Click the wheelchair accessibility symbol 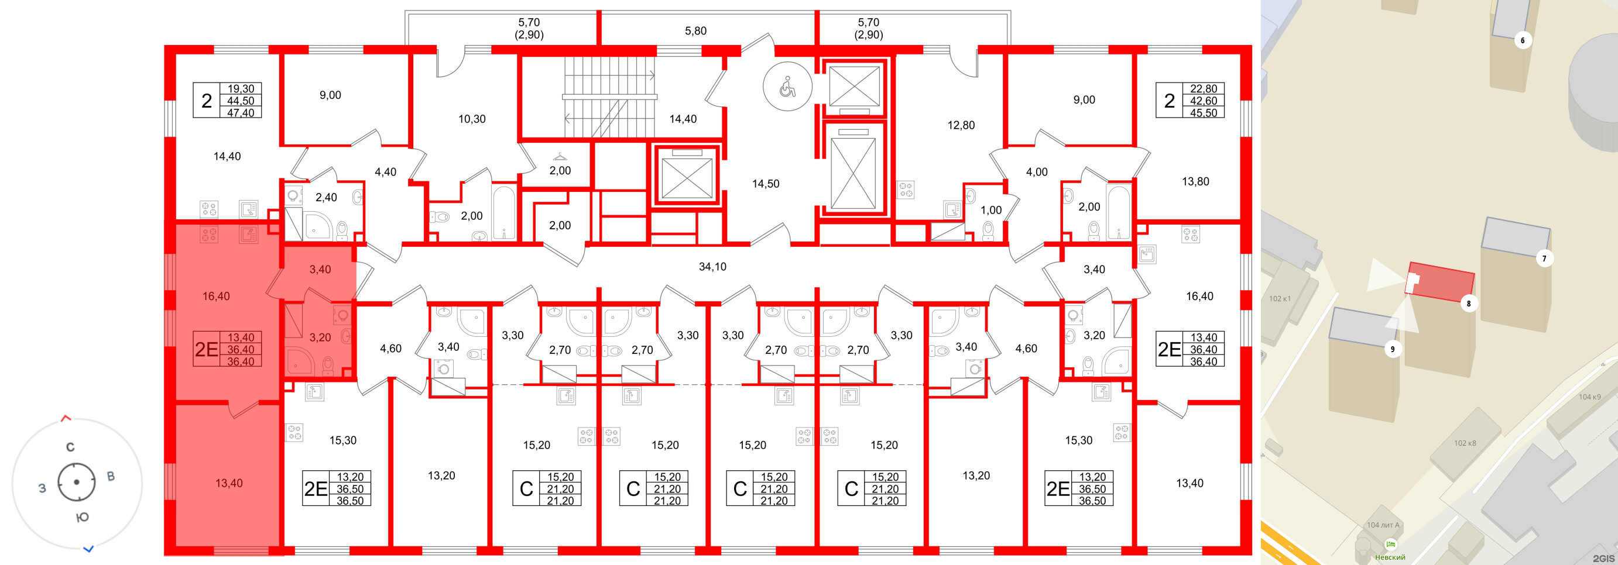pyautogui.click(x=787, y=87)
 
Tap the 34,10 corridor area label pyautogui.click(x=712, y=267)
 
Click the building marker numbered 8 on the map pyautogui.click(x=1469, y=303)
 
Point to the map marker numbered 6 pyautogui.click(x=1523, y=41)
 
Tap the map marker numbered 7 pyautogui.click(x=1544, y=258)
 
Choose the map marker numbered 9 pyautogui.click(x=1393, y=349)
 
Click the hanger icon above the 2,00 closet pyautogui.click(x=560, y=156)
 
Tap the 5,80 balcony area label pyautogui.click(x=695, y=31)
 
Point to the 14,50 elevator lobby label pyautogui.click(x=766, y=184)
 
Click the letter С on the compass pyautogui.click(x=70, y=447)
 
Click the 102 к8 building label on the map pyautogui.click(x=1465, y=443)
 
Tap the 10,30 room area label pyautogui.click(x=472, y=119)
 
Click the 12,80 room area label pyautogui.click(x=961, y=125)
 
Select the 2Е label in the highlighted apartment pyautogui.click(x=206, y=349)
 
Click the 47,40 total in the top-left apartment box pyautogui.click(x=241, y=113)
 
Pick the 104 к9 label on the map pyautogui.click(x=1590, y=397)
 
